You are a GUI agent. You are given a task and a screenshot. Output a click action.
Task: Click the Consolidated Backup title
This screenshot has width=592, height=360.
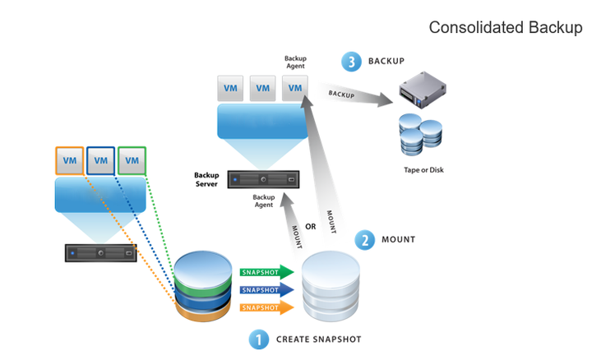point(505,28)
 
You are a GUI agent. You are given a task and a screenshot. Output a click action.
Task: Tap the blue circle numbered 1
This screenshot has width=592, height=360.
point(258,338)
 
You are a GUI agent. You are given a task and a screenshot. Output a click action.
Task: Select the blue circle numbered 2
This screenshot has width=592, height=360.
point(364,240)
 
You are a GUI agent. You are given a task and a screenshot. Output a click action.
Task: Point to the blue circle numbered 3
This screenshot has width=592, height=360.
point(351,62)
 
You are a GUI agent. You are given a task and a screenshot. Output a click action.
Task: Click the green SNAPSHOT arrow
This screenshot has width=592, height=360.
point(266,271)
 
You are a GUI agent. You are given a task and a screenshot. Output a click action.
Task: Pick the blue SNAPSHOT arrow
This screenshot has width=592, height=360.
point(266,289)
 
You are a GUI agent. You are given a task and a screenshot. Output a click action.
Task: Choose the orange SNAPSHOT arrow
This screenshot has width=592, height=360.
point(266,308)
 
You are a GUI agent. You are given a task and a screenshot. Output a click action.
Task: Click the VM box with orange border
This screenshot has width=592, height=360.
point(70,161)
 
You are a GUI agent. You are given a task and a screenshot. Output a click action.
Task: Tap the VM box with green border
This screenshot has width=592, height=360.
point(132,161)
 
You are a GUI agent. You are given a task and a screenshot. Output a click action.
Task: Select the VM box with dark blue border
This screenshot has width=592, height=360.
point(101,161)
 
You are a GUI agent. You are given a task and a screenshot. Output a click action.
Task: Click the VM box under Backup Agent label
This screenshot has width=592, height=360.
point(295,88)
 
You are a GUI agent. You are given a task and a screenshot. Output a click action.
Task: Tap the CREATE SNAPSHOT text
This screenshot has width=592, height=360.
point(318,339)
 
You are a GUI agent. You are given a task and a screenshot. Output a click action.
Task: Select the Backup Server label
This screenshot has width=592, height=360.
point(206,179)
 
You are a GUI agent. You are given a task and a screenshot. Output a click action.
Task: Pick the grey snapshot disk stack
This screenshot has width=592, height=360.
point(331,288)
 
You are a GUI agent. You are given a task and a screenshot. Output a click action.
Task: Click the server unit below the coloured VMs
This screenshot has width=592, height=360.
point(101,252)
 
